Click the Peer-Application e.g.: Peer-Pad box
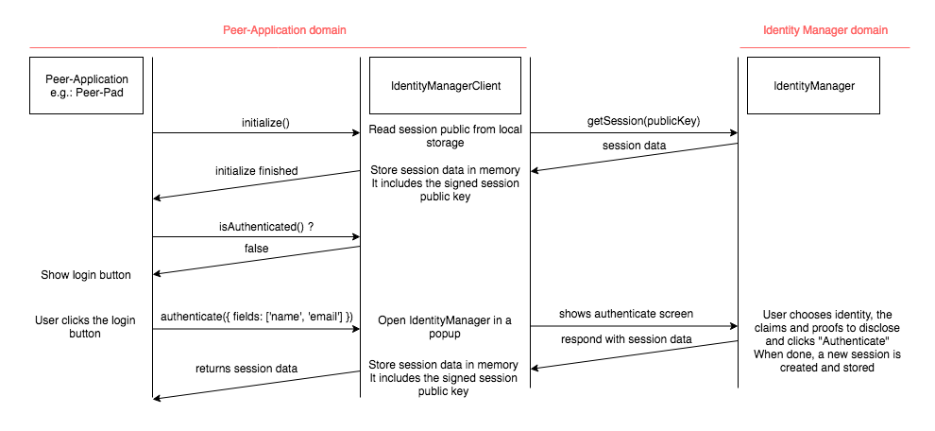tap(86, 85)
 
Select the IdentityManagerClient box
tap(446, 85)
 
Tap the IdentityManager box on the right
tap(813, 85)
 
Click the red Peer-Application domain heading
tap(284, 30)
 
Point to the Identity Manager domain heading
tap(825, 30)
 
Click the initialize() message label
tap(265, 123)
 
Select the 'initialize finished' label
tap(257, 171)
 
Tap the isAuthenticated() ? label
tap(265, 227)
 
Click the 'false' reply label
tap(256, 249)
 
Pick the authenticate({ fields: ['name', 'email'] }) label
tap(257, 317)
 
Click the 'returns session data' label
tap(246, 369)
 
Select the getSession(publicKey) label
tap(643, 122)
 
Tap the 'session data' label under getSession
tap(634, 146)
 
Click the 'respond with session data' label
tap(626, 339)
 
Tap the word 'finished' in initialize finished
tap(278, 171)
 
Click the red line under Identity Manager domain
tap(824, 47)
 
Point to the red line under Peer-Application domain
tap(278, 47)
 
